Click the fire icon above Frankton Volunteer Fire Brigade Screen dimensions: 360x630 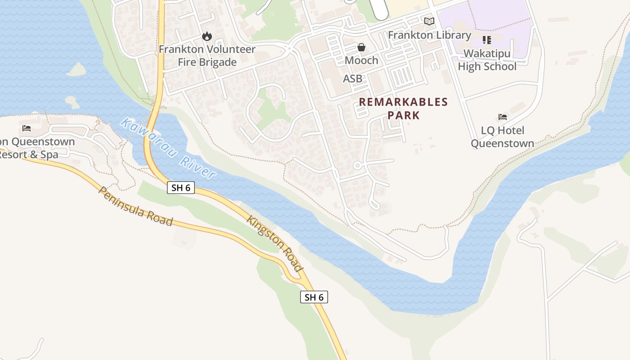click(x=207, y=36)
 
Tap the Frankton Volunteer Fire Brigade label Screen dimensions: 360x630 click(x=207, y=56)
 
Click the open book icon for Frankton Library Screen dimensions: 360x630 click(x=429, y=21)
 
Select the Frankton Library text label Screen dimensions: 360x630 click(x=429, y=35)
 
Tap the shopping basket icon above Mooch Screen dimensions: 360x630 click(x=361, y=47)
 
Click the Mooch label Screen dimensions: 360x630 click(x=361, y=60)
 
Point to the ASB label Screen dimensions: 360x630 click(x=352, y=79)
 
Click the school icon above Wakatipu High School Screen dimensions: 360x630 click(x=487, y=40)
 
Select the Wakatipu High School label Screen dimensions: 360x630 click(x=487, y=60)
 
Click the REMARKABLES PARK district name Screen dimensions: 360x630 click(x=403, y=108)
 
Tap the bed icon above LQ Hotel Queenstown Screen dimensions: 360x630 click(x=503, y=117)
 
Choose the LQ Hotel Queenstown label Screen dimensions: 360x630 click(x=502, y=137)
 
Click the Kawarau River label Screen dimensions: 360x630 click(x=169, y=148)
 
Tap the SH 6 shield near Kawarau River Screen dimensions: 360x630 click(x=181, y=188)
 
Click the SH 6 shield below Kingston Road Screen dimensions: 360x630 click(x=314, y=297)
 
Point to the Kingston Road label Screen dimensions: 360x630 click(x=274, y=243)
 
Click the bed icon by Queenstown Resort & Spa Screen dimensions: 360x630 click(x=27, y=128)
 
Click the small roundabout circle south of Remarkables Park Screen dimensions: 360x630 click(x=357, y=166)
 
